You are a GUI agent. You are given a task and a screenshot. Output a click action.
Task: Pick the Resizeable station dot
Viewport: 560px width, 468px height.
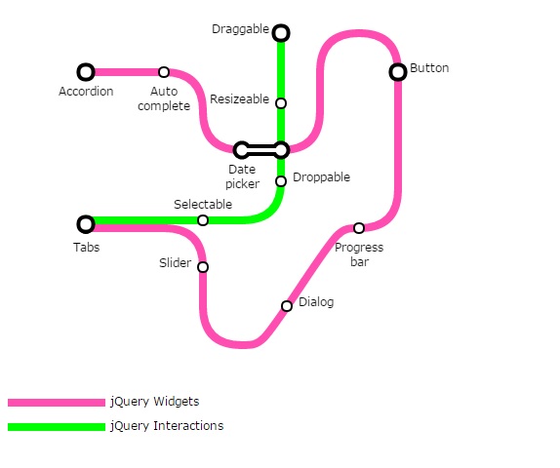(281, 103)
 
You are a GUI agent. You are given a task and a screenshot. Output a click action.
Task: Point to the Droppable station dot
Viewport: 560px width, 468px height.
(281, 181)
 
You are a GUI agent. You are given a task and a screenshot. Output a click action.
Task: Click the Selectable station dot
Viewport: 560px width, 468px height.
(203, 220)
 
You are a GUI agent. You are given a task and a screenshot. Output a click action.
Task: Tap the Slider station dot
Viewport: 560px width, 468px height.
(203, 267)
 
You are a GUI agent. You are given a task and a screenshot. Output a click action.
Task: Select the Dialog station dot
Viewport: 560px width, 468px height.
(287, 306)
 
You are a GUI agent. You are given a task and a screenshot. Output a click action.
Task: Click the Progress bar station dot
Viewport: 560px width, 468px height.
(359, 228)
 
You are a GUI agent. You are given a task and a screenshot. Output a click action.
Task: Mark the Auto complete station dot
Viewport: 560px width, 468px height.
(164, 72)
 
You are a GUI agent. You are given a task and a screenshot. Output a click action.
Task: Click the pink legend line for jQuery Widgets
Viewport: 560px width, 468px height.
(57, 403)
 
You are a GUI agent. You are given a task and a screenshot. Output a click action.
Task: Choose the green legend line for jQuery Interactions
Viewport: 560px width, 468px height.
(57, 427)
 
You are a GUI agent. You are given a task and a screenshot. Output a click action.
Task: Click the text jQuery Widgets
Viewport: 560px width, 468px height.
(155, 402)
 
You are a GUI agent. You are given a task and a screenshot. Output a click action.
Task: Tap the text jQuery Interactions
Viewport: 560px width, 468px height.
(167, 426)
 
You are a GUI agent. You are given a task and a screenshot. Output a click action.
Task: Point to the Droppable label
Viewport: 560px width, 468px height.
(321, 177)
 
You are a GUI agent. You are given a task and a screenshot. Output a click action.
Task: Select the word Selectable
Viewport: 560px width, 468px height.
(203, 204)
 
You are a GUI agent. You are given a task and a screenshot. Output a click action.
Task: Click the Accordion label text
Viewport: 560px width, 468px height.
(86, 92)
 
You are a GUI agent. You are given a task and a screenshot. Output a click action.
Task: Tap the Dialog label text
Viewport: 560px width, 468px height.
(316, 302)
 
